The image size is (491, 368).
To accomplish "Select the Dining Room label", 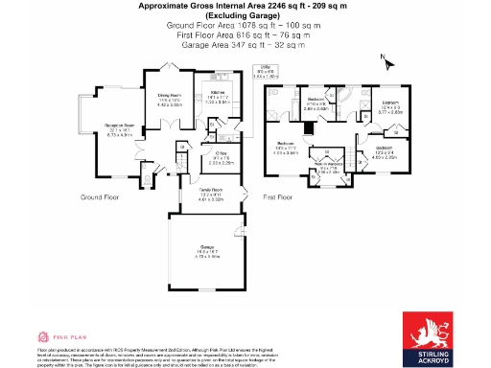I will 169,99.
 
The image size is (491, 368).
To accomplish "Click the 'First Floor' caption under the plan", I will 277,197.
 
